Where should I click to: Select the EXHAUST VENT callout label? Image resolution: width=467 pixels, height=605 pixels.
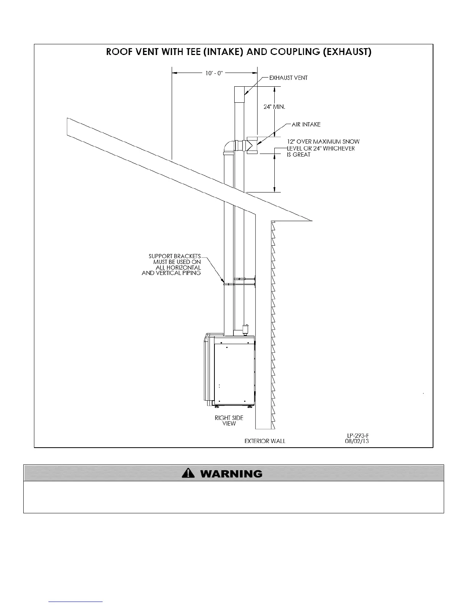pos(288,78)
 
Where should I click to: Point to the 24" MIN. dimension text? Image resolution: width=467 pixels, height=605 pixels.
pos(274,107)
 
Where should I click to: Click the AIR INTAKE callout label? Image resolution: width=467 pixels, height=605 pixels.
pos(306,125)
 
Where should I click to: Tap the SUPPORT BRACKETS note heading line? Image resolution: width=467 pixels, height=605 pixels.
pos(174,256)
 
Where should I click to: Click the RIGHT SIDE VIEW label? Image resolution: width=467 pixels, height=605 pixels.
pos(229,421)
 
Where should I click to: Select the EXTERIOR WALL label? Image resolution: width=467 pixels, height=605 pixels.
pos(265,441)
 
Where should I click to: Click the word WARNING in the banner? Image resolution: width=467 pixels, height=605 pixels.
pos(231,474)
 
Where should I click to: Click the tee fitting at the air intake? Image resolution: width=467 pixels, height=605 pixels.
pos(252,145)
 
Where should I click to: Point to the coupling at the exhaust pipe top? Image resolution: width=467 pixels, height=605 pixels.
pos(239,94)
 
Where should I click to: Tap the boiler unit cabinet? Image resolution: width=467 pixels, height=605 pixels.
pos(233,370)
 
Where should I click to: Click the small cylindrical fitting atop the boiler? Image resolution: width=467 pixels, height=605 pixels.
pos(245,329)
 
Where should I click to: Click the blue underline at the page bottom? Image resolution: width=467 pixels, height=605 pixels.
pos(76,602)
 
